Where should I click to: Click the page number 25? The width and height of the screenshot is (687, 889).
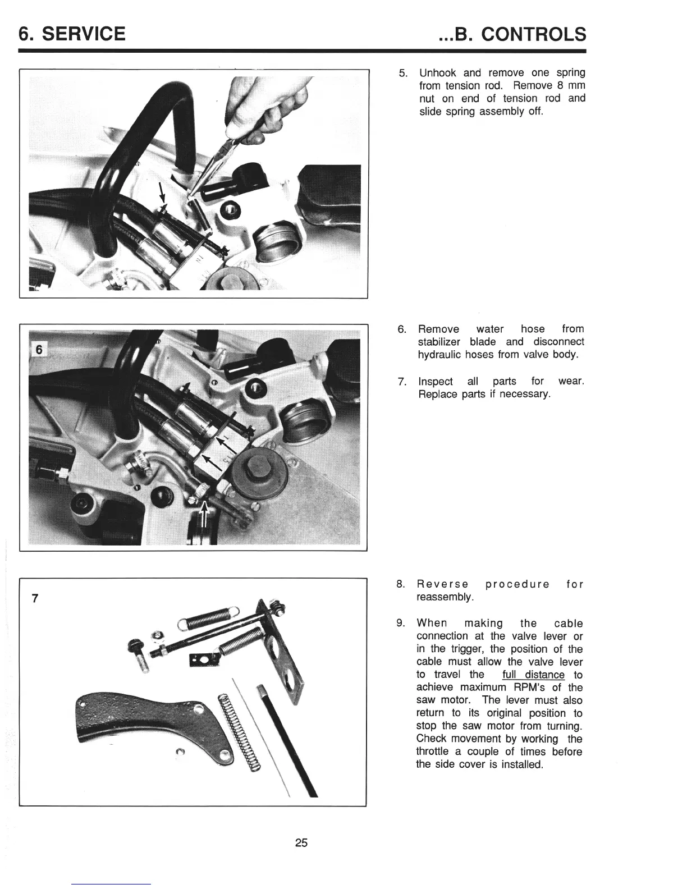point(301,842)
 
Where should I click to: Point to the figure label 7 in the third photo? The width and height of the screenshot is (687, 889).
point(35,598)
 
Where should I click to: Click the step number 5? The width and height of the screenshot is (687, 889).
point(402,74)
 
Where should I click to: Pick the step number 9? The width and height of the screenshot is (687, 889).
point(401,624)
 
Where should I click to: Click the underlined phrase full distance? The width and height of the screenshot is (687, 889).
point(533,675)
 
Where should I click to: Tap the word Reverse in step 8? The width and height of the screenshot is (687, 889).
point(443,584)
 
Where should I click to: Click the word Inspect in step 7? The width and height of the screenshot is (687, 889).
point(436,382)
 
